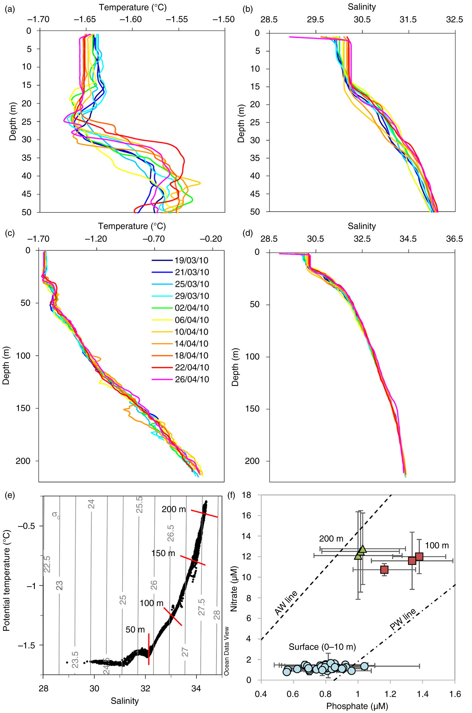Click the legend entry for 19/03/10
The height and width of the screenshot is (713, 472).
click(x=191, y=261)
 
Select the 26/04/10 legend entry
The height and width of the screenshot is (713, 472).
click(x=191, y=380)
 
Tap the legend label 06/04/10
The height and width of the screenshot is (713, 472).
click(x=191, y=320)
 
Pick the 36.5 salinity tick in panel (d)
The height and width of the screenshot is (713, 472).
click(x=454, y=239)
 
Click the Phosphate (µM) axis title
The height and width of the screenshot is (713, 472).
click(x=357, y=706)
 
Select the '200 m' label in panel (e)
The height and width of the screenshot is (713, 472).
click(x=173, y=509)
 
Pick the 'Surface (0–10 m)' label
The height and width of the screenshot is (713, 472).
click(x=322, y=647)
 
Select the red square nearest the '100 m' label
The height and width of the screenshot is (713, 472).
click(x=419, y=557)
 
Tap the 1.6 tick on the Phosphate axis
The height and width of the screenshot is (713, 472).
click(x=455, y=694)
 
